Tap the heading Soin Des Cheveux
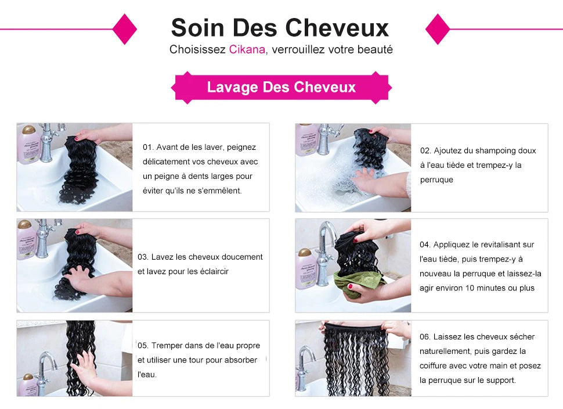pyautogui.click(x=280, y=27)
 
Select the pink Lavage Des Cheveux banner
pyautogui.click(x=281, y=88)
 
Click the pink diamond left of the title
pyautogui.click(x=124, y=28)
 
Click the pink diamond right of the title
pyautogui.click(x=438, y=28)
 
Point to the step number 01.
pyautogui.click(x=148, y=148)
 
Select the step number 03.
pyautogui.click(x=143, y=257)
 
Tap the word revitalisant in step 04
pyautogui.click(x=504, y=245)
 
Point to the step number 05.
pyautogui.click(x=143, y=346)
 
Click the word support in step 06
pyautogui.click(x=500, y=381)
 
